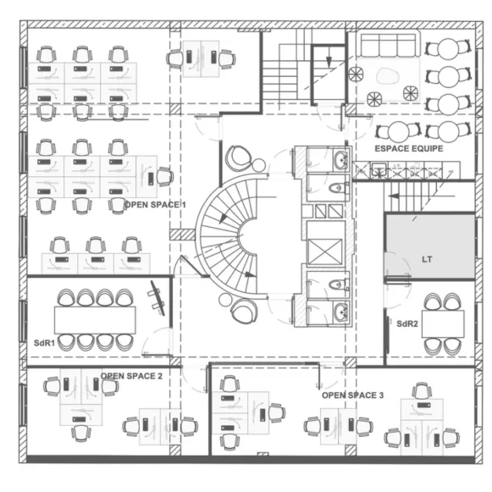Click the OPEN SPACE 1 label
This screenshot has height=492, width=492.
(x=155, y=205)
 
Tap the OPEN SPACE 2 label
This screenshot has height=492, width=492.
(x=131, y=376)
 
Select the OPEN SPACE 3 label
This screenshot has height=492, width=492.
(x=352, y=395)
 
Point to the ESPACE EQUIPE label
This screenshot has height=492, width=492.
(x=409, y=148)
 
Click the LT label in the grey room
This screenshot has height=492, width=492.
(x=427, y=259)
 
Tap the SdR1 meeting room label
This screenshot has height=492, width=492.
(x=44, y=343)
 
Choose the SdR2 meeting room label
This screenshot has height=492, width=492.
(x=407, y=323)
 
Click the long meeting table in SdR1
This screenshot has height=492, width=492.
(x=95, y=320)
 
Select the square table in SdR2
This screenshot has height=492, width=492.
(x=443, y=323)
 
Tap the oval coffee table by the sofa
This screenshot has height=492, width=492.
(x=388, y=76)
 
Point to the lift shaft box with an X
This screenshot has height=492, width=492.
(x=325, y=252)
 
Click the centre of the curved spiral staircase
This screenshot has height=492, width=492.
(x=229, y=236)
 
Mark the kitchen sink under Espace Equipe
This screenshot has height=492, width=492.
(x=379, y=171)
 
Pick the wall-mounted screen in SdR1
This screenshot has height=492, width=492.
(x=158, y=297)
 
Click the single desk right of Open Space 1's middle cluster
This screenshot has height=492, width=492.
(x=146, y=177)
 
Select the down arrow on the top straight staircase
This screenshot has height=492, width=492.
(x=329, y=61)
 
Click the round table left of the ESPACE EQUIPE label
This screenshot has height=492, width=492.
(x=398, y=132)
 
